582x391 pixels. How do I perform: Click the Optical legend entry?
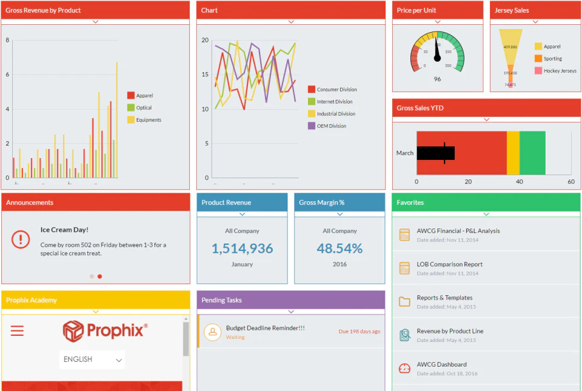pos(144,108)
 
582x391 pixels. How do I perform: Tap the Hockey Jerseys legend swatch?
pos(538,71)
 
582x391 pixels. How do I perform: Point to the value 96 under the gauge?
pos(438,79)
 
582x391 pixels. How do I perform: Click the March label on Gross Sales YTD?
pos(405,153)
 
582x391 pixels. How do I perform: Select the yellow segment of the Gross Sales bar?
pos(513,153)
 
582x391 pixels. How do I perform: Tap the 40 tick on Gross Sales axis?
pos(519,182)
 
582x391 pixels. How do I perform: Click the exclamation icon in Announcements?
pos(21,240)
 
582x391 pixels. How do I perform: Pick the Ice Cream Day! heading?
pos(64,230)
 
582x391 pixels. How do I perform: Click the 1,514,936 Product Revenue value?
pos(242,249)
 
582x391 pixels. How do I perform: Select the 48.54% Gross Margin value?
pos(339,249)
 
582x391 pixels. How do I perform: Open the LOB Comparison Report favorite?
pos(449,264)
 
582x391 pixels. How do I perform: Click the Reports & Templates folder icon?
pos(404,301)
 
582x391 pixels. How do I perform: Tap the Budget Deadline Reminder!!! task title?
pos(265,328)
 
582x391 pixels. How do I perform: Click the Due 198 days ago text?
pos(360,332)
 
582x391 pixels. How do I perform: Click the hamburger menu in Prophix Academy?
pos(17,330)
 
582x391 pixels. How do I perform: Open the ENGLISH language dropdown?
pos(93,359)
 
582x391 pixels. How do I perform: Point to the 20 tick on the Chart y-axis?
pos(206,41)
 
